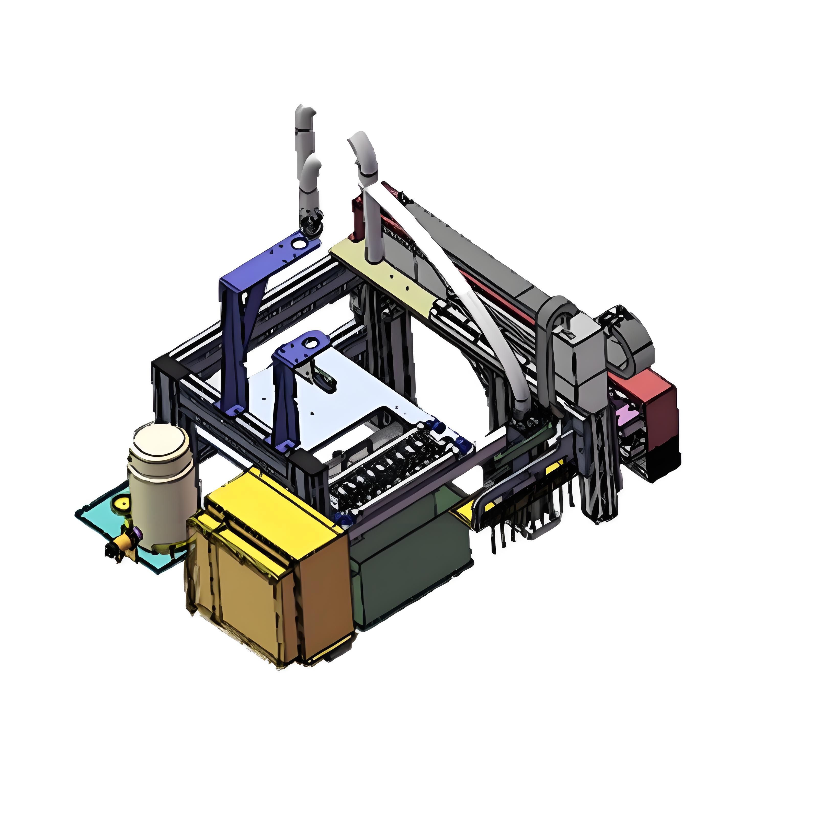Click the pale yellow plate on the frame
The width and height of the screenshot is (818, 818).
381,271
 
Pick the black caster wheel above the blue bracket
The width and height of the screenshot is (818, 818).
312,226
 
